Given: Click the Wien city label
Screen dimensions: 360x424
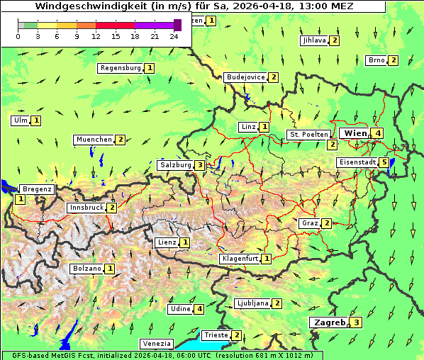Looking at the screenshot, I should tap(356, 133).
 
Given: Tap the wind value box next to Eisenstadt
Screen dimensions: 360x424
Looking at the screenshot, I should tap(384, 162).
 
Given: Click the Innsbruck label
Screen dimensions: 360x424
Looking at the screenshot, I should tap(86, 208).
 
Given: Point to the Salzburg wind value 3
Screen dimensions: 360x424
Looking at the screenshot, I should tap(201, 165).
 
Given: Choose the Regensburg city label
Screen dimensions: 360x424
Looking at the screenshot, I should tap(121, 68).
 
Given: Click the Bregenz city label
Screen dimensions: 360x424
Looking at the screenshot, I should tap(37, 189).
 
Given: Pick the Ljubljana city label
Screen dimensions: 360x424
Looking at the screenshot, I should tap(252, 303).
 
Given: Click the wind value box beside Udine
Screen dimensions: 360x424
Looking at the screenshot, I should tap(200, 309).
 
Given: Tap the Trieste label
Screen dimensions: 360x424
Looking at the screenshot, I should tap(216, 335).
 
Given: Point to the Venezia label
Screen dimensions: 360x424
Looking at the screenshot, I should tap(156, 344).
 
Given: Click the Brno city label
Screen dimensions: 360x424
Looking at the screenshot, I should tap(376, 60).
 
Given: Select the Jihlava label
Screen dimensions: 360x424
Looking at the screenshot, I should tap(313, 40).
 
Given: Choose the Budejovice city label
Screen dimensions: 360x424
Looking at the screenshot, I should tap(245, 77).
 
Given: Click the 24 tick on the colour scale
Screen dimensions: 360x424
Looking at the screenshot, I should tap(174, 36).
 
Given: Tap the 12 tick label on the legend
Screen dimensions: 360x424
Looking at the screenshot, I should tap(96, 36).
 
